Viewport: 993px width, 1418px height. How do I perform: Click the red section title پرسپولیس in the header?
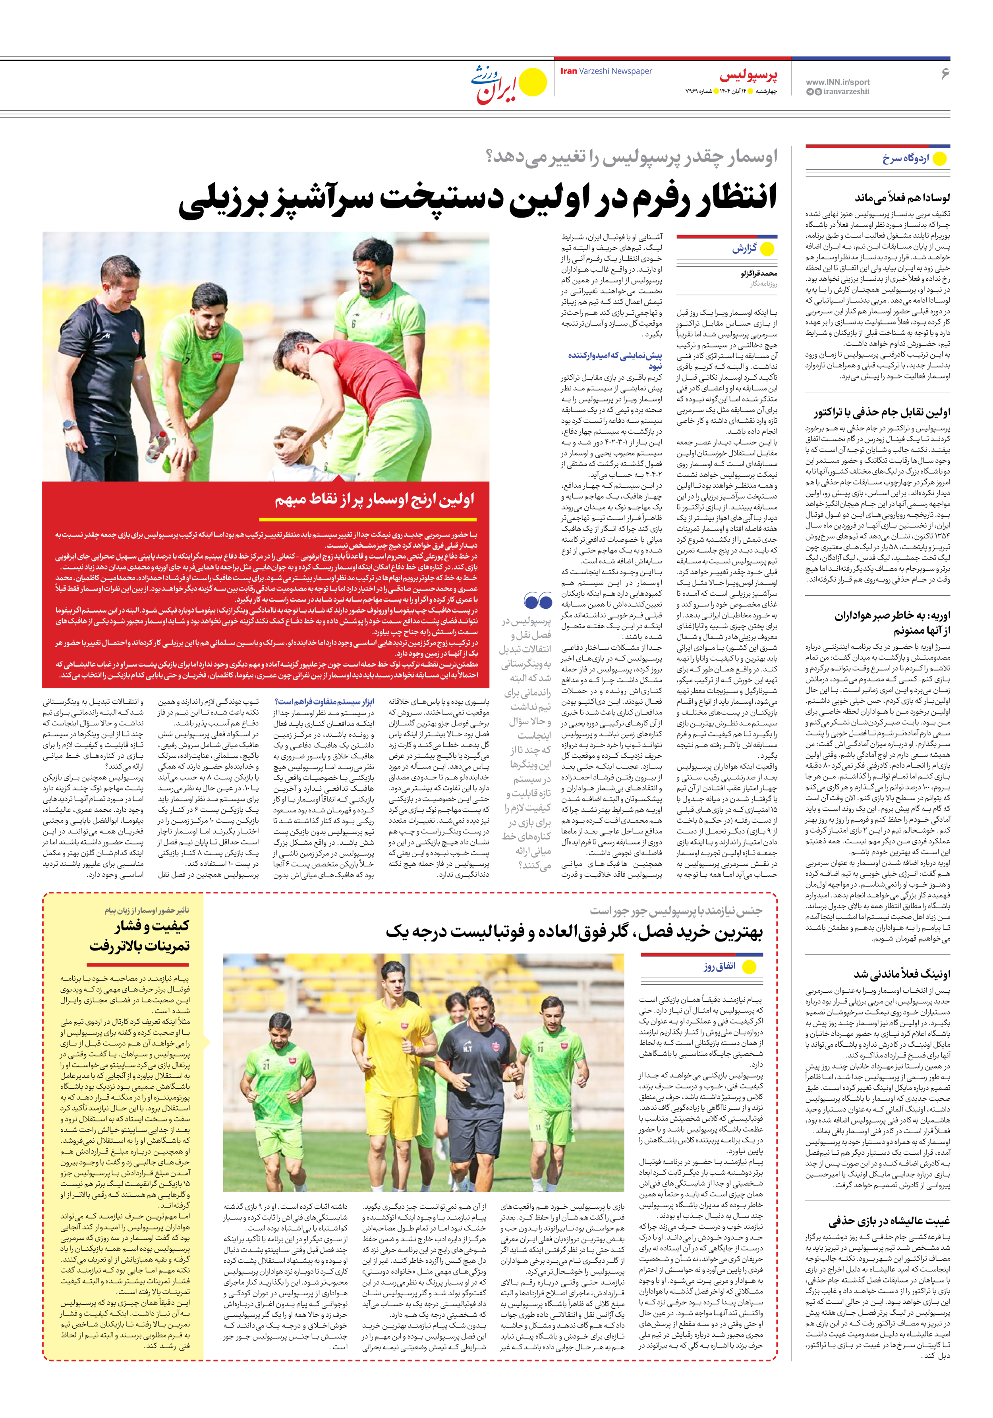748,76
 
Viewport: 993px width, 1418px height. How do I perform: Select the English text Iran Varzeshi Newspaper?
606,71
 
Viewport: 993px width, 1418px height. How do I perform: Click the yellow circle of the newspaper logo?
533,83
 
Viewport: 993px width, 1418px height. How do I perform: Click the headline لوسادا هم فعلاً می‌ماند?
902,198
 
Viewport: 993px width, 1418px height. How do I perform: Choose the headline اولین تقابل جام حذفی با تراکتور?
882,412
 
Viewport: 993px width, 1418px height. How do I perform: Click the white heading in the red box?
375,499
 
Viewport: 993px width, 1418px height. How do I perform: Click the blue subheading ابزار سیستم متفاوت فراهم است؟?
325,702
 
